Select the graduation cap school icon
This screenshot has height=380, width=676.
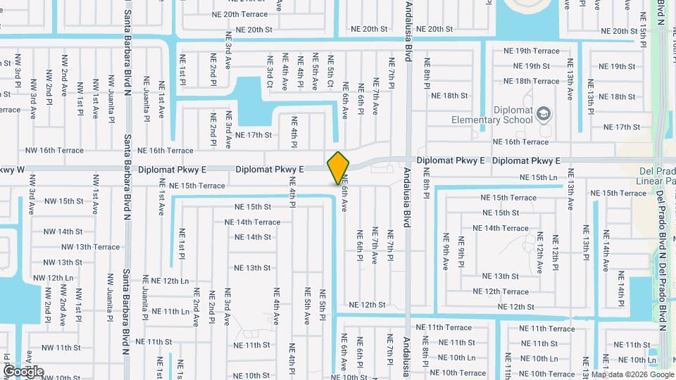tap(543, 113)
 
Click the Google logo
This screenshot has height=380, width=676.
tap(23, 371)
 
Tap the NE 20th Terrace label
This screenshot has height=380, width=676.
tap(240, 14)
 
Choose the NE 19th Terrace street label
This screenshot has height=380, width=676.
tap(532, 51)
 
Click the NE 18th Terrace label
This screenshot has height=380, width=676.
tap(532, 81)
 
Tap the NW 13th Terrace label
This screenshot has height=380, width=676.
tap(91, 247)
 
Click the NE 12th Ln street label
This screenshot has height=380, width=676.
tap(166, 281)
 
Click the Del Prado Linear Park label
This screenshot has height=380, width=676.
tap(657, 179)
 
